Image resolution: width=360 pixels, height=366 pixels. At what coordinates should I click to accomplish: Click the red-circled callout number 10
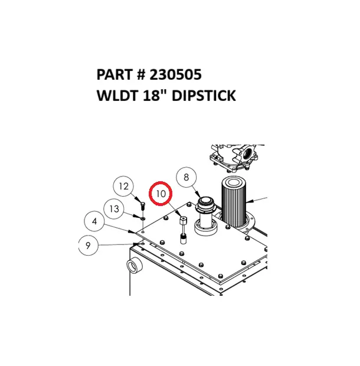(x=161, y=193)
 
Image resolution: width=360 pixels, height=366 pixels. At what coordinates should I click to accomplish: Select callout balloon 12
(x=123, y=187)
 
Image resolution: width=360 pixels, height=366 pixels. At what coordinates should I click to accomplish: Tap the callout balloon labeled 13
(x=114, y=208)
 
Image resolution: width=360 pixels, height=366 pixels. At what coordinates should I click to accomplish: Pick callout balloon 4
(x=94, y=221)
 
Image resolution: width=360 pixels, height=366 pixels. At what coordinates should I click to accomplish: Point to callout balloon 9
(x=88, y=246)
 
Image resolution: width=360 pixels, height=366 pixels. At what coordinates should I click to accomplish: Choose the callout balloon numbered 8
(x=186, y=177)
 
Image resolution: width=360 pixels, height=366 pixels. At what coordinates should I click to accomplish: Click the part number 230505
(x=176, y=75)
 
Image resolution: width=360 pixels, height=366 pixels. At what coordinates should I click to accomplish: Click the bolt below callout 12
(x=142, y=206)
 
